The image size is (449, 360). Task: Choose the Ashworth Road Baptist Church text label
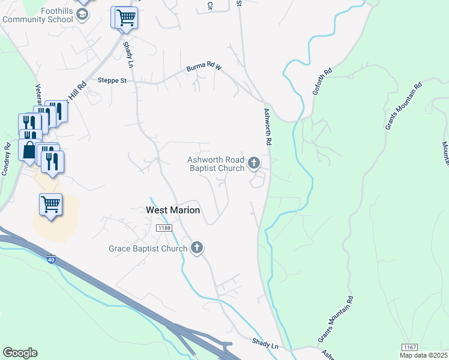[x=216, y=164]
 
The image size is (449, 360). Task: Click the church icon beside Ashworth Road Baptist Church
[x=254, y=163]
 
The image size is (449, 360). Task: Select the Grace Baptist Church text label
[x=148, y=248]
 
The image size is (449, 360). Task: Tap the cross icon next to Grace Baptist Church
[x=197, y=247]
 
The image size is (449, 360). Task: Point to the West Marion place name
[x=173, y=211]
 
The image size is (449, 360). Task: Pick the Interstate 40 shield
[x=52, y=259]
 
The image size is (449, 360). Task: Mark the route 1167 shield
[x=409, y=347]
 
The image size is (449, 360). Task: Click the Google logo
[x=20, y=353]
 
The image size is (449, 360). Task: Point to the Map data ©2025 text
[x=424, y=355]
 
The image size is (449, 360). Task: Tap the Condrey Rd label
[x=7, y=157]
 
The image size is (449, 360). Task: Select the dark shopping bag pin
[x=29, y=149]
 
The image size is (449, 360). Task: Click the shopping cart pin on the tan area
[x=50, y=205]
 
